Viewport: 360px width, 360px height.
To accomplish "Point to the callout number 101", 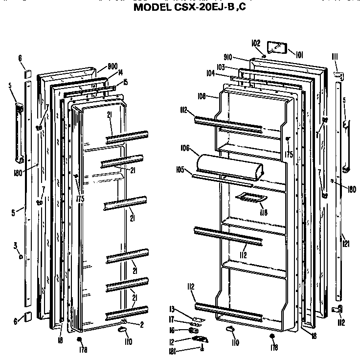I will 299,55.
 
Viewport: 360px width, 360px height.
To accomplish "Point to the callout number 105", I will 180,170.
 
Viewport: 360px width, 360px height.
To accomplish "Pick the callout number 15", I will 126,82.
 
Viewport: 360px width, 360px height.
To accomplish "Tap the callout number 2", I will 141,324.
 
